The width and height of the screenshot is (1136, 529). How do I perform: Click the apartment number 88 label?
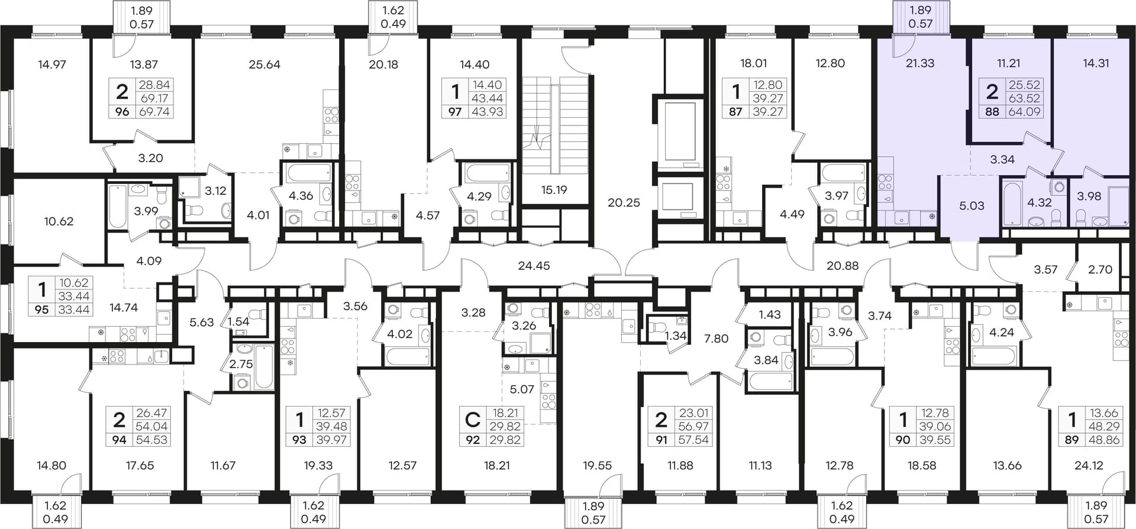pos(992,111)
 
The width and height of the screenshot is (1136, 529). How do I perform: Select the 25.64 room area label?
pos(264,64)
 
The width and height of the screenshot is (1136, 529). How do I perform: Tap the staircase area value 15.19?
pos(554,190)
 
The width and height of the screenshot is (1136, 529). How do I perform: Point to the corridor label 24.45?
pos(534,266)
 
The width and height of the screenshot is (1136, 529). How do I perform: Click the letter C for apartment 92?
pos(472,420)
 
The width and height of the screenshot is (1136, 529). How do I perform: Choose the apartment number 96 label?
pos(122,111)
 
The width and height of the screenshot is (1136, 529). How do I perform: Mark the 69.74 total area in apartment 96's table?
pos(154,111)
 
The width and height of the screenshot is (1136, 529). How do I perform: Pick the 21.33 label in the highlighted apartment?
pos(920,63)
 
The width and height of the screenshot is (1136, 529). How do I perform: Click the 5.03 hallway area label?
pos(972,206)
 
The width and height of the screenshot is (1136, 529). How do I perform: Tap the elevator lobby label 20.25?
pos(624,202)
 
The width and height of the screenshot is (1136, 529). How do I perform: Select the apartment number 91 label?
pos(661,440)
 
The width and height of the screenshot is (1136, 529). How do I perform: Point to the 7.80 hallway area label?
pos(716,338)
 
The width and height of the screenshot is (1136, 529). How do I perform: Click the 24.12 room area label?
pos(1089,466)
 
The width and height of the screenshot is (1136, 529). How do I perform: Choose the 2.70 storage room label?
pos(1100,269)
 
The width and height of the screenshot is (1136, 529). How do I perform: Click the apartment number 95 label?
pos(41,309)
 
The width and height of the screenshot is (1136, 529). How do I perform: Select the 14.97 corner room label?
pos(51,64)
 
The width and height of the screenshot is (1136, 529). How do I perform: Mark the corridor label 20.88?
pos(843,266)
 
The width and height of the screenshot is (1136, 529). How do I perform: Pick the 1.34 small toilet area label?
pos(676,336)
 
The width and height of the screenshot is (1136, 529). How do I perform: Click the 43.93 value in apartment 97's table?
pos(487,111)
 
